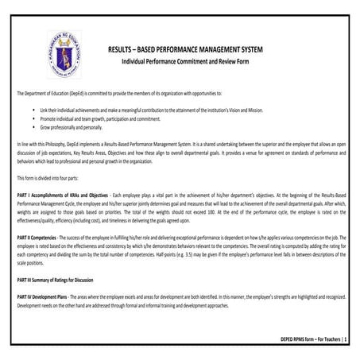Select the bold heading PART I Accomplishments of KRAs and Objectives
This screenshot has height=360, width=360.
(62, 195)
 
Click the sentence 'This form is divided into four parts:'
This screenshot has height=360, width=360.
(56, 179)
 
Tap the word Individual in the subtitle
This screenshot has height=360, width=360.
(137, 61)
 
